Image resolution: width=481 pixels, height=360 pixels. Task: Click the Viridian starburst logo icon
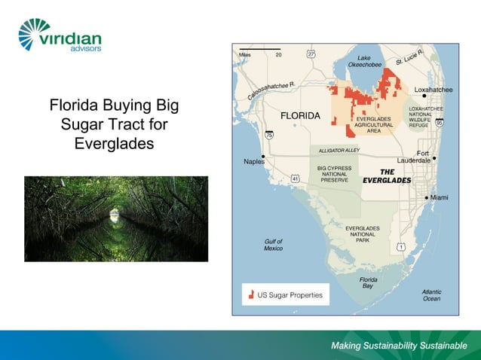[x=35, y=34]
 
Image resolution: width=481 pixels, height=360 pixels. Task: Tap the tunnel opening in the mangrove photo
[x=114, y=214]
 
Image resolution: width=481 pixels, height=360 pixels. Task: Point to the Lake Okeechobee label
[x=364, y=61]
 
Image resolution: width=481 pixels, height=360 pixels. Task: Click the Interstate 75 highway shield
[x=270, y=135]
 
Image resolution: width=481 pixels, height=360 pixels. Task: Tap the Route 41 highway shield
[x=296, y=178]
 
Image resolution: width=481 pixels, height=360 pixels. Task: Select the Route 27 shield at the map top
[x=311, y=53]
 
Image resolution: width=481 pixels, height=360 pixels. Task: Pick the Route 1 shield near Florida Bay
[x=401, y=247]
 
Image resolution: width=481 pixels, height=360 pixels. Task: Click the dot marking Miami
[x=427, y=197]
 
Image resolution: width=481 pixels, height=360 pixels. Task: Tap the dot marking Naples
[x=263, y=154]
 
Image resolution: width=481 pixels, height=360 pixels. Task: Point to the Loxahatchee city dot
[x=424, y=96]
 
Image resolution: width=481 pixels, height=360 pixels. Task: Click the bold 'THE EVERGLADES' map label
[x=387, y=176]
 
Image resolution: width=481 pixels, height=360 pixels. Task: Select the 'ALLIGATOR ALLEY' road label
[x=339, y=151]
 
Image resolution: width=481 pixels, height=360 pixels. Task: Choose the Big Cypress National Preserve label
[x=334, y=174]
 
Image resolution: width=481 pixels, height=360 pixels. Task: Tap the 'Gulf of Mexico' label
[x=273, y=244]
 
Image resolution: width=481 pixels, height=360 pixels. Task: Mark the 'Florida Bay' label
[x=368, y=283]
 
